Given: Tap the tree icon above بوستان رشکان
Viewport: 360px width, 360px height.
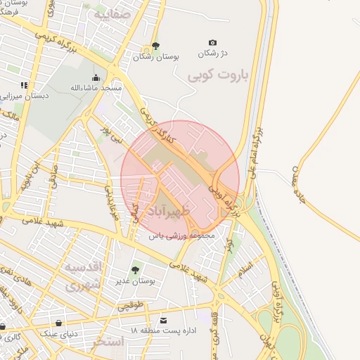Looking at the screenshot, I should pos(155,46).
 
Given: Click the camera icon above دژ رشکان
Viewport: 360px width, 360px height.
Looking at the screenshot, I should pos(213,43).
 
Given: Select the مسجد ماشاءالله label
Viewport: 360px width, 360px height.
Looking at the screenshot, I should pos(96,88).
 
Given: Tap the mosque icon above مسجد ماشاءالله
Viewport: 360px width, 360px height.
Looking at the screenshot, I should pos(96,77).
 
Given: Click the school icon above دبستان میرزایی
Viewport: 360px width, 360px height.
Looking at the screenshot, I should pos(24,85).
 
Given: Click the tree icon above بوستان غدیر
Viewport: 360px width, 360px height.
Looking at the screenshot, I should pos(135,269).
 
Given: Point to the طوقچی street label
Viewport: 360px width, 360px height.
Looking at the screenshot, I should pos(130,307).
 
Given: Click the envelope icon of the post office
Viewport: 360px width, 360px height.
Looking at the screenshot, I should pos(164,320).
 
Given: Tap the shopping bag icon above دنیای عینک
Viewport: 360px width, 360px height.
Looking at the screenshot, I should pos(58,323).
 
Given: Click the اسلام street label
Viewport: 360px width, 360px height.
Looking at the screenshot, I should pos(245,268).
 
